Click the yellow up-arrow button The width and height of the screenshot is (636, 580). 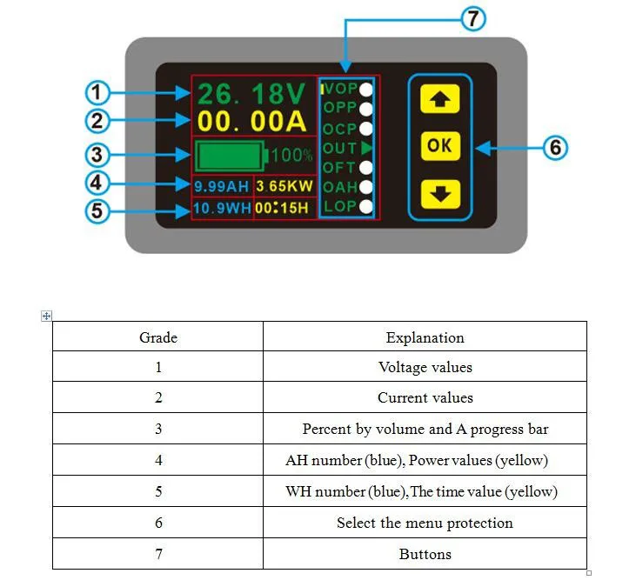click(x=439, y=100)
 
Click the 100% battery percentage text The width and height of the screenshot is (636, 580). click(x=291, y=157)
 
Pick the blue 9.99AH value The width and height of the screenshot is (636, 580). click(x=221, y=186)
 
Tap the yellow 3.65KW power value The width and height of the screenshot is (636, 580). click(x=285, y=186)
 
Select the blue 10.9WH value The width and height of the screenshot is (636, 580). click(x=221, y=209)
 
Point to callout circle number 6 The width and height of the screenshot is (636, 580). click(x=555, y=148)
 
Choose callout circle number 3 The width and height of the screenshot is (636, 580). click(x=98, y=156)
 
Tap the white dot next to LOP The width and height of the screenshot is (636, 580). click(x=366, y=207)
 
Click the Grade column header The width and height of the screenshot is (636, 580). click(x=158, y=337)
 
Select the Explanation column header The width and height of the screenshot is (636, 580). click(x=425, y=337)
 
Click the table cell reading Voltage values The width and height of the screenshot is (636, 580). click(x=425, y=367)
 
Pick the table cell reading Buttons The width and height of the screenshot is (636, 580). click(x=425, y=554)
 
